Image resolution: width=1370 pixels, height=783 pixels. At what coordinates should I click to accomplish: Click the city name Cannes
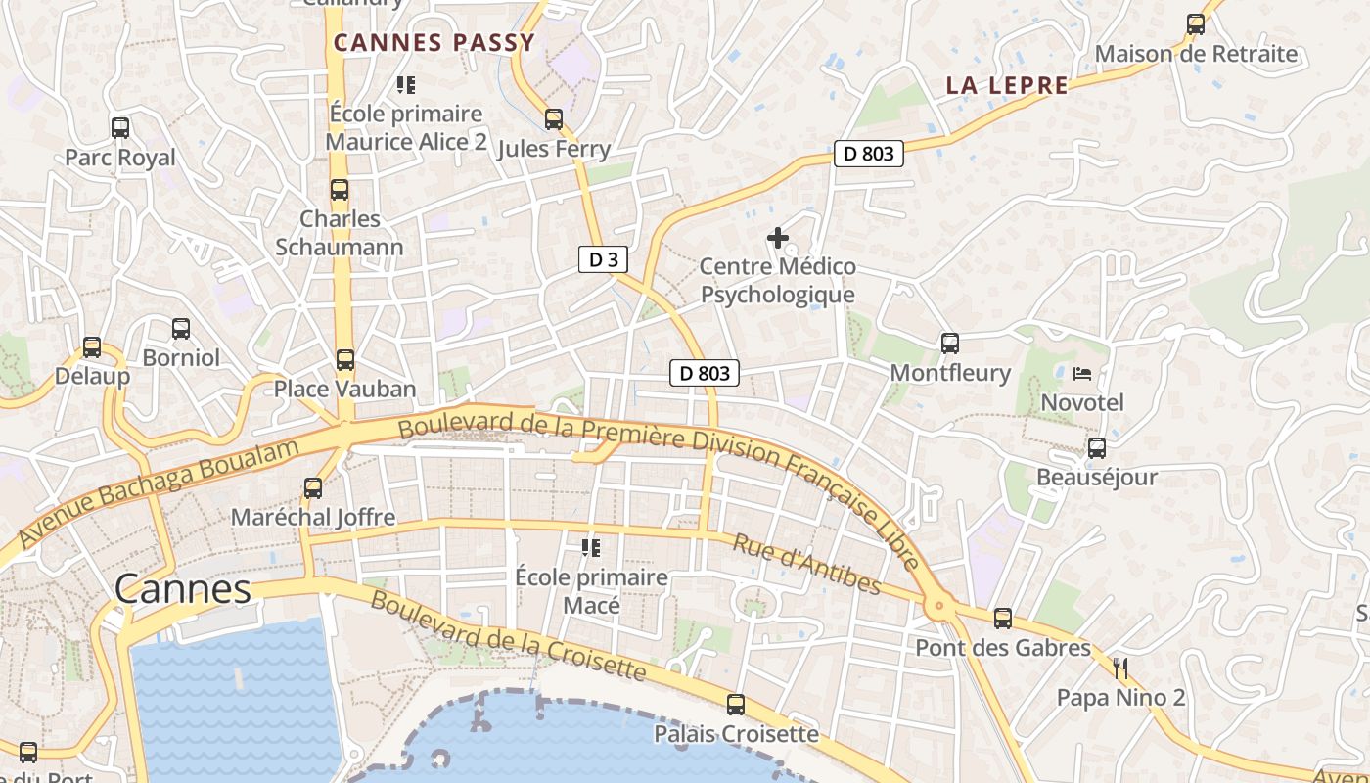(183, 589)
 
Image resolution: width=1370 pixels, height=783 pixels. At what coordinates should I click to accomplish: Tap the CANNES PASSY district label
(434, 42)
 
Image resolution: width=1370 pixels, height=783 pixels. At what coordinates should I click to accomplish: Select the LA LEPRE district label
(1007, 85)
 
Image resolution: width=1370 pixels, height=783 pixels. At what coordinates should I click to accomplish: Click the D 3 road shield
(602, 259)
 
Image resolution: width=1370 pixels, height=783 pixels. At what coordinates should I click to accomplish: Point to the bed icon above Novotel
(1082, 373)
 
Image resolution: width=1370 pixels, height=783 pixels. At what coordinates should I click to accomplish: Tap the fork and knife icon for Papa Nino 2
(1121, 668)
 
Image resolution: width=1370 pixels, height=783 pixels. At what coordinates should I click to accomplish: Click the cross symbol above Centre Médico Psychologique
(778, 237)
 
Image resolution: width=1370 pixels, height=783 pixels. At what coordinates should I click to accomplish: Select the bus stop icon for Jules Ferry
(554, 119)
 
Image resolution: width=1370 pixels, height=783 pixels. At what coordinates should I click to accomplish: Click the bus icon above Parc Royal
(120, 127)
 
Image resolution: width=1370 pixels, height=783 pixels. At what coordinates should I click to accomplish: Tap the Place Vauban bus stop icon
(345, 359)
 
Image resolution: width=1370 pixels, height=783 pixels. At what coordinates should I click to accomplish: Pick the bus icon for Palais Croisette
(736, 704)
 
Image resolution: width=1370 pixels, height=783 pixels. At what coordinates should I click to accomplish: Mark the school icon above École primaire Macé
(591, 547)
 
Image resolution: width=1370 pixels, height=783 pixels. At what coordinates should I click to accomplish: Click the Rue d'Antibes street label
(807, 565)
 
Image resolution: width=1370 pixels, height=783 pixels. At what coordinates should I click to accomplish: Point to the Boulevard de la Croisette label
(508, 635)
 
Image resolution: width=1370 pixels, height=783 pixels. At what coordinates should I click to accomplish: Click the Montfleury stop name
(949, 373)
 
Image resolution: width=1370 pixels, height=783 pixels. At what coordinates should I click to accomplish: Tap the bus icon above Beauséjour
(1097, 448)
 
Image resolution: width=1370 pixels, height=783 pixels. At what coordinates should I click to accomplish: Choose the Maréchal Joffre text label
(313, 517)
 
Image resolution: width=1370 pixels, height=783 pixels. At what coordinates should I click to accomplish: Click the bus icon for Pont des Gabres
(1003, 618)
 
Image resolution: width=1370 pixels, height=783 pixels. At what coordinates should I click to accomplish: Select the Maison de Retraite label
(1196, 54)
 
